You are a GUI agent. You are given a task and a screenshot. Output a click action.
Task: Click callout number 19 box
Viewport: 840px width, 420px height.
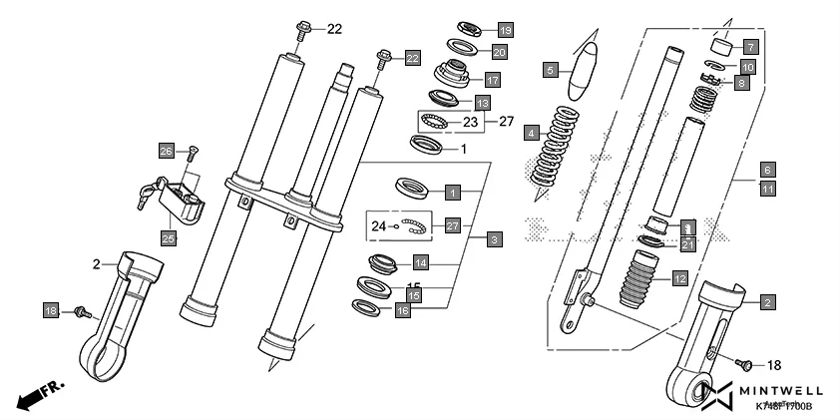(x=505, y=29)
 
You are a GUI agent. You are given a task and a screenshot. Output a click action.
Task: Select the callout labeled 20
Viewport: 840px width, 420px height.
(x=499, y=52)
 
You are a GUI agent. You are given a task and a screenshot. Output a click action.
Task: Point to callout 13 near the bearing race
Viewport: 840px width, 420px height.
(x=482, y=103)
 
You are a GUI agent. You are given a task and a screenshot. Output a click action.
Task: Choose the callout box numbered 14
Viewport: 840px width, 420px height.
(x=422, y=263)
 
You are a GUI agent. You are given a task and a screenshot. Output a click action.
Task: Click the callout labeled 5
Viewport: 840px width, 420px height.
(x=550, y=69)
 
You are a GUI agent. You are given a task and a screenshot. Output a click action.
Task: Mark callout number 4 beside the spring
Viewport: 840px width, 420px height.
(x=533, y=132)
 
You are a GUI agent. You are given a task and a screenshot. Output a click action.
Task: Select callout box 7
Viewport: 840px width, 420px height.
(x=750, y=46)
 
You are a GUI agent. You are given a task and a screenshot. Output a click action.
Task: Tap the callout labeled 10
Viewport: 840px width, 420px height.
(x=747, y=67)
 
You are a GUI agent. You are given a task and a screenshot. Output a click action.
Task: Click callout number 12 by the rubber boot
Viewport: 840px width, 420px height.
(x=679, y=279)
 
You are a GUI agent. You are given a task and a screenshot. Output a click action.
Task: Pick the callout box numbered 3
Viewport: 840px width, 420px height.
(x=494, y=239)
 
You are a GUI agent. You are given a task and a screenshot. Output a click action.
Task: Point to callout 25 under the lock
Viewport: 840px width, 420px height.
(x=167, y=237)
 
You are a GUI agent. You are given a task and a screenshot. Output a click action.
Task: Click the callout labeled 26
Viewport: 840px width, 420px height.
(x=167, y=151)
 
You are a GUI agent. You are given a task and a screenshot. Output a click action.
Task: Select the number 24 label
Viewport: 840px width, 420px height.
(x=377, y=226)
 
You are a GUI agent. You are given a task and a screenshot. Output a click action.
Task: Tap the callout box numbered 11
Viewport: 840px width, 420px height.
(x=767, y=187)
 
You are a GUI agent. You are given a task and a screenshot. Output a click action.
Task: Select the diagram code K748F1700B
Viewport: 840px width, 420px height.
(x=783, y=407)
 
